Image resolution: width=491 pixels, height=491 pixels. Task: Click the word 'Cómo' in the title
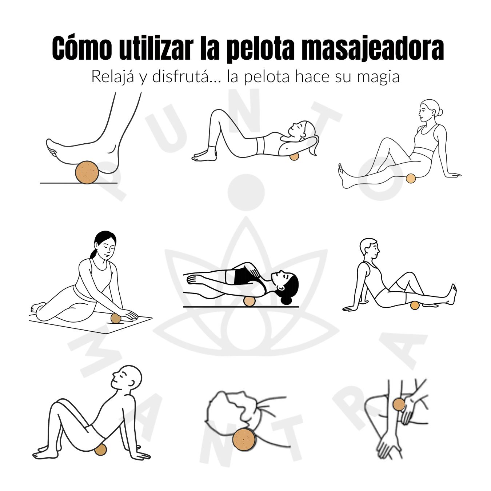point(82,48)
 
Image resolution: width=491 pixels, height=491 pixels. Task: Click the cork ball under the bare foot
point(87,172)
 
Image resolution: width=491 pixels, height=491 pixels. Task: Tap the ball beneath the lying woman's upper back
point(294,156)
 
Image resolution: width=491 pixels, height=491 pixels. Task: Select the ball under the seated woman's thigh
point(411,178)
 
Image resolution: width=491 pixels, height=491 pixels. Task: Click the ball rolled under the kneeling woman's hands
point(116,319)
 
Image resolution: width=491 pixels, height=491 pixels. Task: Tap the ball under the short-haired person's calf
point(415,305)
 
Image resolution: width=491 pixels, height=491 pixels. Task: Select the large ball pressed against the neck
point(244,440)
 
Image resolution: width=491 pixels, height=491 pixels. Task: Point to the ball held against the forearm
point(399,405)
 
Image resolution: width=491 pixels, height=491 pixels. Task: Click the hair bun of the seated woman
point(440,112)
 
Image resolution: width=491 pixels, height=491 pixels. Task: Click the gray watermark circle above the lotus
point(246,192)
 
